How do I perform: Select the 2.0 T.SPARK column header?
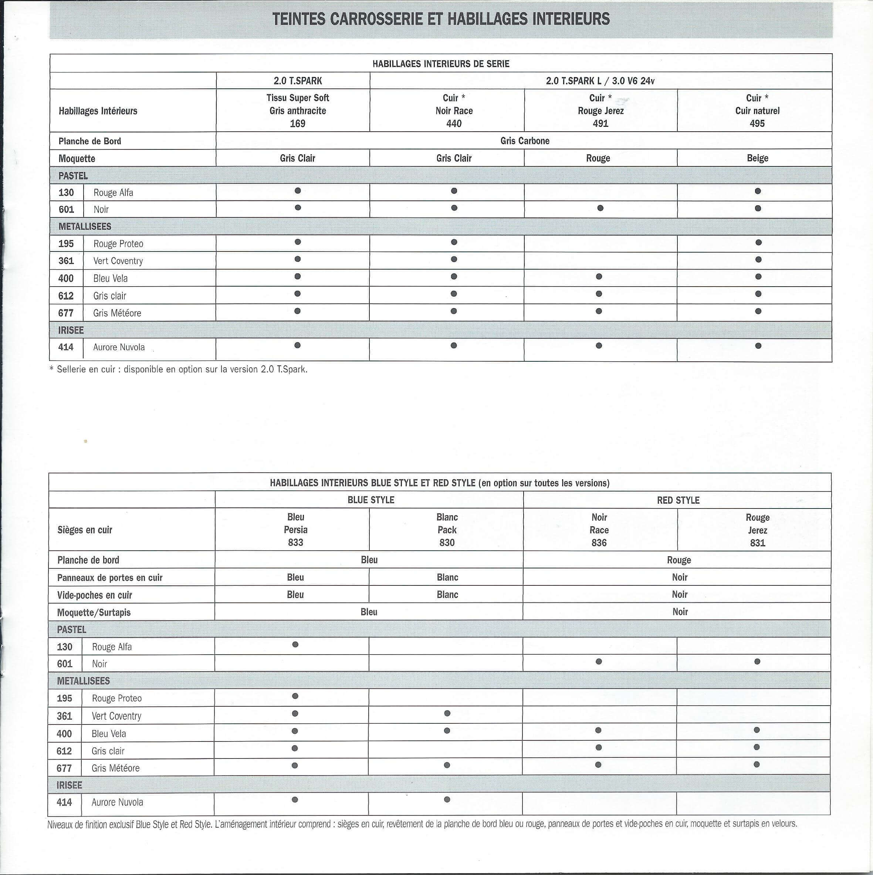point(298,81)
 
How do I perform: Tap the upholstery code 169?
point(298,124)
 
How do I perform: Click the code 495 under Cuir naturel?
point(757,124)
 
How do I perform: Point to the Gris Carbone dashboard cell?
point(524,141)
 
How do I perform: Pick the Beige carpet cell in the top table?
point(757,158)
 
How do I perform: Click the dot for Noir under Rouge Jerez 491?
point(600,208)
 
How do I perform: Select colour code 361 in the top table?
point(66,261)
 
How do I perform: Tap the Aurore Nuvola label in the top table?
point(119,347)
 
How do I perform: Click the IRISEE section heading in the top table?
point(71,330)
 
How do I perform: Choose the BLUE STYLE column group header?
point(370,500)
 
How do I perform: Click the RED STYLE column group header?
point(678,500)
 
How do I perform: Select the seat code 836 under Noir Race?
point(599,543)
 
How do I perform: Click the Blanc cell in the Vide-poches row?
point(447,595)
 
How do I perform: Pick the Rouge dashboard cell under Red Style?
point(678,560)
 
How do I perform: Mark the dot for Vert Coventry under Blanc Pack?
point(447,713)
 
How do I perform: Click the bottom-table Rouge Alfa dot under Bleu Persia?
point(295,645)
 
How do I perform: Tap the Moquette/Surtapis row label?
point(94,613)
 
